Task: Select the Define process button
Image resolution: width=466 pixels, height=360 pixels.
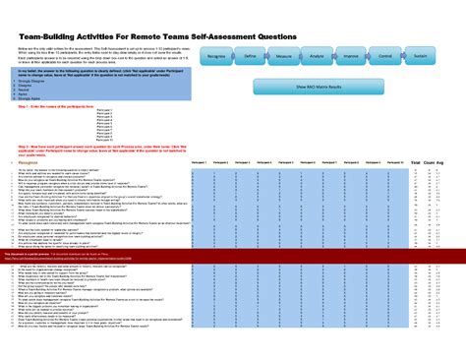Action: [251, 58]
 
